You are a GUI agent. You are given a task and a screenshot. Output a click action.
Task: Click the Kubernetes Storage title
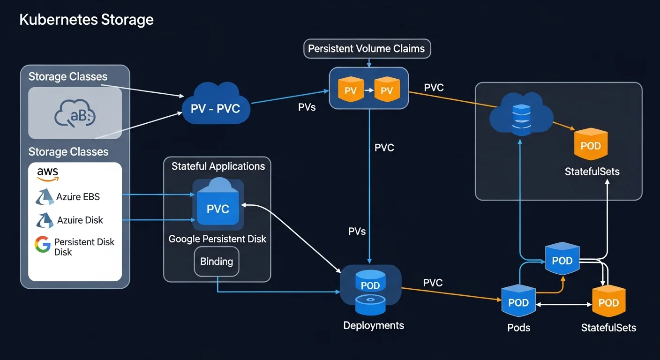point(86,20)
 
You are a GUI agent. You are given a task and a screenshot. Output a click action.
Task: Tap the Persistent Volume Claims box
point(367,48)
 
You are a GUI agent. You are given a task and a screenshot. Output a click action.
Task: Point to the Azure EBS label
point(78,197)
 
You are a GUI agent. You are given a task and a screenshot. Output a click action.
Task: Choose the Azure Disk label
point(80,220)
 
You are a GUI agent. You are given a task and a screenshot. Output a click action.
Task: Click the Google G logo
point(43,244)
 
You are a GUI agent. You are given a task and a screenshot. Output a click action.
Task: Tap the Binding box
point(217,262)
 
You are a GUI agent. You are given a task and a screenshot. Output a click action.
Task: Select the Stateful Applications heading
point(218,166)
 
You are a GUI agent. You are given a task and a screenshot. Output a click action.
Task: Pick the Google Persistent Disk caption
point(217,239)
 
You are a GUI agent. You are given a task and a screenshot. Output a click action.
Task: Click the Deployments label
point(374,325)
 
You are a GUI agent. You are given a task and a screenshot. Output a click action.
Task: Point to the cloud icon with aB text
point(75,114)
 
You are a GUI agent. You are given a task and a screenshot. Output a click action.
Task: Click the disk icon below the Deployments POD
point(370,304)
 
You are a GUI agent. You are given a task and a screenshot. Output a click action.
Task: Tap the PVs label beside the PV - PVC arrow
point(307,107)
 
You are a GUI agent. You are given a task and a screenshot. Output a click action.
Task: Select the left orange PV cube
point(351,90)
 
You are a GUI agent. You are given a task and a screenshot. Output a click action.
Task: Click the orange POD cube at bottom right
point(608,302)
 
